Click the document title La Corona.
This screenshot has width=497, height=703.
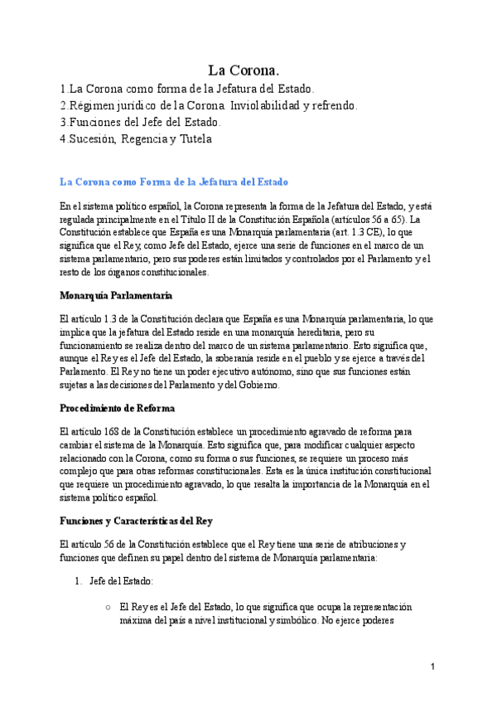pos(248,71)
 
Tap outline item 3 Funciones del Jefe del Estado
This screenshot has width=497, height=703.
pos(140,122)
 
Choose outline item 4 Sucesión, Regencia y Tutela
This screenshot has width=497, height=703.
pos(136,139)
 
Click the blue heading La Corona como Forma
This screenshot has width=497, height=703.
pos(174,182)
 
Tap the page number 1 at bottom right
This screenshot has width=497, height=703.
pos(432,667)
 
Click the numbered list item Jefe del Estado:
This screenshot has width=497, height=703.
pos(121,584)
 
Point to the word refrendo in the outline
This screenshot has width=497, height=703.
pos(331,105)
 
